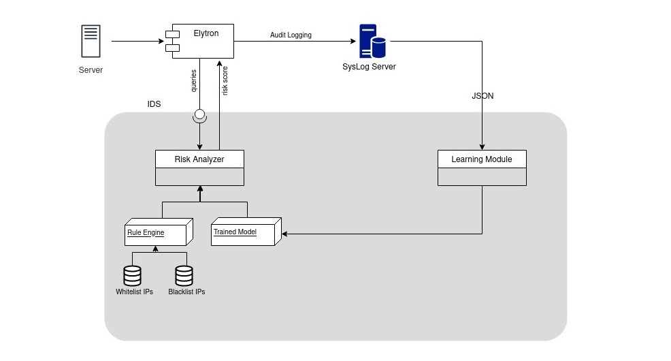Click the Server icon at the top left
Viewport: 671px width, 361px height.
pos(91,41)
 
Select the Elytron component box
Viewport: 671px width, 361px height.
pos(199,41)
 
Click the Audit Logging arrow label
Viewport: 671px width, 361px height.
pos(291,35)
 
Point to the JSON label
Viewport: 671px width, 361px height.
pos(482,96)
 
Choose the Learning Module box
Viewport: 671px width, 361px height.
pos(482,168)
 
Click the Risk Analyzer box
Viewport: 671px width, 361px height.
pos(199,168)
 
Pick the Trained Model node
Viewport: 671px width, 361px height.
pos(244,232)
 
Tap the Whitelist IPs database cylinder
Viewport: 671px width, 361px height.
pos(132,275)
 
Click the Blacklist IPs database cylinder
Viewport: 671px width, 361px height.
pos(184,275)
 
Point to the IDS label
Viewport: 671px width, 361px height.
pos(154,105)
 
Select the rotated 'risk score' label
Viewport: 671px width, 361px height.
pos(225,81)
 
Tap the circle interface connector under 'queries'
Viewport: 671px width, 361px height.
pos(199,114)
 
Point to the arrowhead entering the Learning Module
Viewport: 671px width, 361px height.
pos(482,146)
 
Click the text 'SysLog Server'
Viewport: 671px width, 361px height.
pos(369,67)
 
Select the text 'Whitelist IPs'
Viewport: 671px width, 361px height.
pos(134,292)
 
